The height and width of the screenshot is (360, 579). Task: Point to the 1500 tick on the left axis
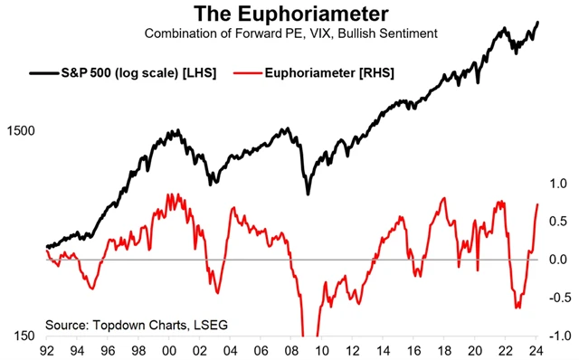click(x=19, y=131)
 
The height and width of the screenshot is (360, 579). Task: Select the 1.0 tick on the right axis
click(x=558, y=184)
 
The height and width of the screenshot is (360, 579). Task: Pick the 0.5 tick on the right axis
click(x=558, y=222)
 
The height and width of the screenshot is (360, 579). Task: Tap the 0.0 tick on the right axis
click(x=558, y=260)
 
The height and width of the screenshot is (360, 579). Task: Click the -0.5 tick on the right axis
click(x=556, y=298)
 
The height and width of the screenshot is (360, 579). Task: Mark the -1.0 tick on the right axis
click(x=556, y=336)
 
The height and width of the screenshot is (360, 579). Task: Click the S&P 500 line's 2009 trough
click(x=308, y=194)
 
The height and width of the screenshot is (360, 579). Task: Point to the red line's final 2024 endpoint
click(x=538, y=204)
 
